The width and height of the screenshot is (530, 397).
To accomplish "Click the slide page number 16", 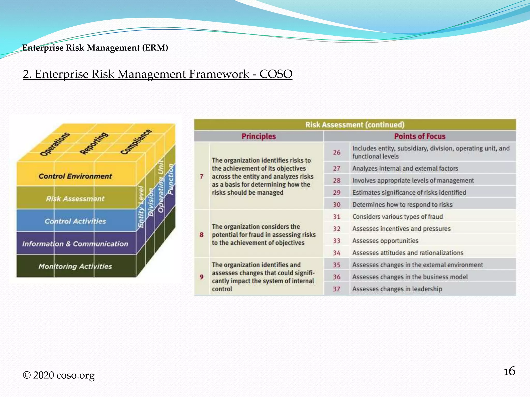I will point(509,371).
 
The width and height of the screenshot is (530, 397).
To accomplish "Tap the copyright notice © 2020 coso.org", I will point(59,375).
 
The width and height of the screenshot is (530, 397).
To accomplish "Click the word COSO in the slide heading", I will point(276,74).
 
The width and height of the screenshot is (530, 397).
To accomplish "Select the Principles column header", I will point(259,136).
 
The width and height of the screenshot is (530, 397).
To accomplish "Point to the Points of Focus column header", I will point(419,136).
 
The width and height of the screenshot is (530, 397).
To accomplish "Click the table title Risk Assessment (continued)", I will point(355,125).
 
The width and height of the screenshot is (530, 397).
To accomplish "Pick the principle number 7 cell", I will point(202,177).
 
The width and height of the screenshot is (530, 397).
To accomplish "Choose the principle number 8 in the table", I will point(202,235).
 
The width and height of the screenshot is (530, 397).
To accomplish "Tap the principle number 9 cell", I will point(202,277).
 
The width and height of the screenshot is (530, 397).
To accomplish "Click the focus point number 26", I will point(336,152).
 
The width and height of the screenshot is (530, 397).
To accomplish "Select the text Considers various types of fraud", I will point(397,217).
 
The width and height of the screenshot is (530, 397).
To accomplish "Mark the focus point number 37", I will point(336,289).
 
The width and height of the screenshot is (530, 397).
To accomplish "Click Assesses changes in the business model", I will point(410,277).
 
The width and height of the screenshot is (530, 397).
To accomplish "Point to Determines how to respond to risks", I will point(402,204).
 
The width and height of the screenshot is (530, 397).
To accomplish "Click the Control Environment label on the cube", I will point(75,176).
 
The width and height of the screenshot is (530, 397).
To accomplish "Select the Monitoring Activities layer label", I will point(75,266).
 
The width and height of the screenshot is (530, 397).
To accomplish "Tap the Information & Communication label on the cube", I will point(75,244).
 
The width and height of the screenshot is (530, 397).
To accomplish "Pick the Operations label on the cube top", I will point(55,144).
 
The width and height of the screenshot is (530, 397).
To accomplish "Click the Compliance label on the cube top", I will point(136,142).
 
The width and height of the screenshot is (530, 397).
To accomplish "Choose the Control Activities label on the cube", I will point(75,221).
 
